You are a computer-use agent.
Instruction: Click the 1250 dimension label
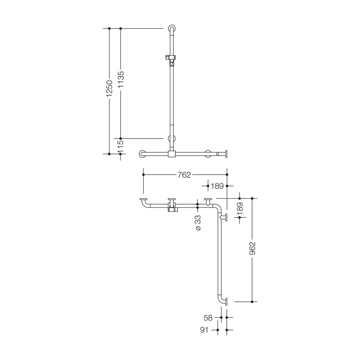[x=109, y=88]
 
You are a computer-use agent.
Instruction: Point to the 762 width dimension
[x=184, y=175]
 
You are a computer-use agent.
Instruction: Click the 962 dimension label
[x=252, y=248]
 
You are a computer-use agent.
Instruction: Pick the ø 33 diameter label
[x=198, y=223]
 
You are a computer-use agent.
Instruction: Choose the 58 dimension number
[x=208, y=318]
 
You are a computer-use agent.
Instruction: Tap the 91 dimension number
[x=204, y=330]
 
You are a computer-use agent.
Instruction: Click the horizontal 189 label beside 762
[x=217, y=186]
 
